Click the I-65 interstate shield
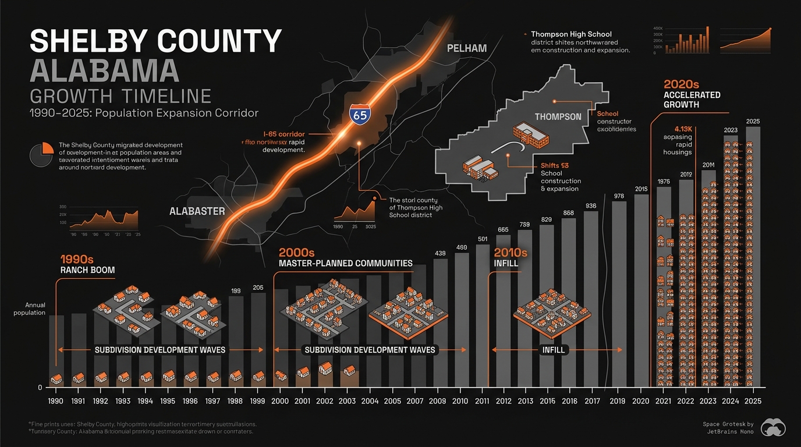pyautogui.click(x=360, y=115)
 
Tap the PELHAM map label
pyautogui.click(x=466, y=48)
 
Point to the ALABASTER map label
pyautogui.click(x=197, y=211)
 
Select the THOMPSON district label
pyautogui.click(x=558, y=116)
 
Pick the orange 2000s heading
pyautogui.click(x=296, y=253)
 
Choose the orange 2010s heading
pyautogui.click(x=510, y=253)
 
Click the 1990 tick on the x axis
pyautogui.click(x=56, y=401)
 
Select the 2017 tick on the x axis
pyautogui.click(x=591, y=401)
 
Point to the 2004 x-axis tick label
pyautogui.click(x=370, y=401)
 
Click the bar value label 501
pyautogui.click(x=483, y=239)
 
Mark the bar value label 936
pyautogui.click(x=591, y=206)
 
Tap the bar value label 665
pyautogui.click(x=504, y=230)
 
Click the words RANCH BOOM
pyautogui.click(x=87, y=270)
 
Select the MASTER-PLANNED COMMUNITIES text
pyautogui.click(x=346, y=263)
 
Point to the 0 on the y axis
pyautogui.click(x=40, y=388)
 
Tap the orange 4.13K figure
pyautogui.click(x=683, y=129)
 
